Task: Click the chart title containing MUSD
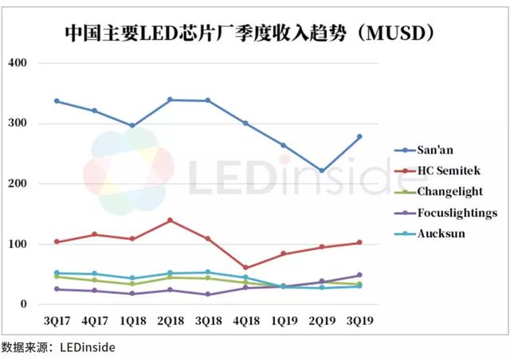point(254,33)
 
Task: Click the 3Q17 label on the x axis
point(56,320)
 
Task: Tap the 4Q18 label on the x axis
point(245,320)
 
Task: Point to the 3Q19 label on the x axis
point(359,320)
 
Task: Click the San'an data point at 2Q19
point(321,170)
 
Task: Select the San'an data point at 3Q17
point(56,101)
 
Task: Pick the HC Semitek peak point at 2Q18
point(170,221)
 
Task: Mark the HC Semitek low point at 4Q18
point(245,268)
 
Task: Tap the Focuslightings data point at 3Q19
point(359,276)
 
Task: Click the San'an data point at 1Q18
point(131,126)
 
